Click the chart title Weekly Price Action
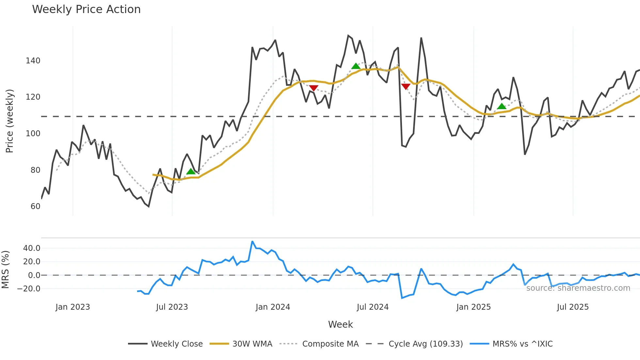[86, 9]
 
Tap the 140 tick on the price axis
[33, 61]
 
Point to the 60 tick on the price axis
[35, 206]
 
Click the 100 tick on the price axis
[33, 134]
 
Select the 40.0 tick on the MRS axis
[32, 248]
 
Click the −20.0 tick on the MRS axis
[29, 289]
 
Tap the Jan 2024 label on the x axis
[273, 307]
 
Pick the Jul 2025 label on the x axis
[573, 307]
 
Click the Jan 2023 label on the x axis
[72, 307]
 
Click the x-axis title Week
[340, 324]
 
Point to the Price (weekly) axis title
[9, 121]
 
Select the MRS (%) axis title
[5, 270]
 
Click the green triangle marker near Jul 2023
[191, 172]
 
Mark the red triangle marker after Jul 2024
[406, 87]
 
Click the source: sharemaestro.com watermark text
[578, 288]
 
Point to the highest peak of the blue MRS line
[252, 241]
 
